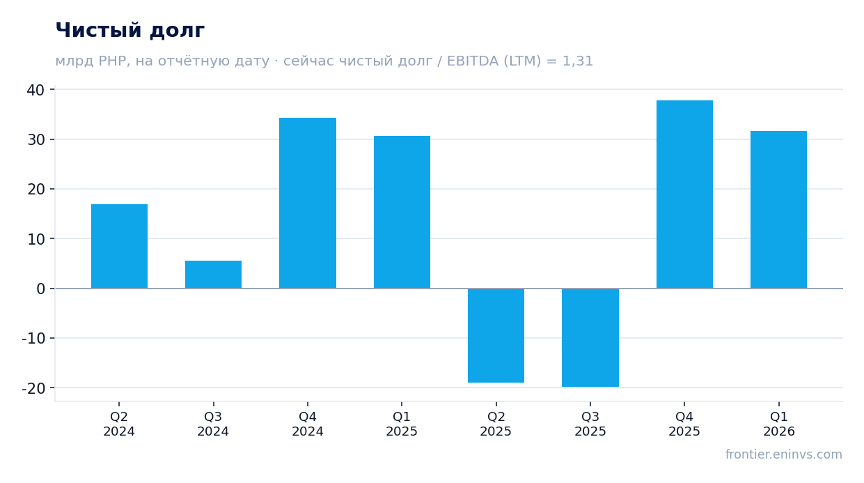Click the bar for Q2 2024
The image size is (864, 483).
pos(119,246)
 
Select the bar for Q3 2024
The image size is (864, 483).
pos(213,275)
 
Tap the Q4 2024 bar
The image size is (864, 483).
pos(308,203)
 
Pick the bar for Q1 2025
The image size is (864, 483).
pos(402,212)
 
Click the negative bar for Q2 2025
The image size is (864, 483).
pos(496,335)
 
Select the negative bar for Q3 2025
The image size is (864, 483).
pos(590,337)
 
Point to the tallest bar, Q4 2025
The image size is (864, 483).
pos(684,194)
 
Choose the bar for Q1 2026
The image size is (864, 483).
pos(779,210)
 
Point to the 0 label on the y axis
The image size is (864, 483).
pos(40,289)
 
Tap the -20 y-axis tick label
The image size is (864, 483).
pos(33,388)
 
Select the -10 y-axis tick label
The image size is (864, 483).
pos(33,339)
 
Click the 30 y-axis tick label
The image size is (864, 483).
pos(36,140)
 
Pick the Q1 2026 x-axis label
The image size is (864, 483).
pos(779,424)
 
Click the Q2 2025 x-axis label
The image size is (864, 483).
pos(496,424)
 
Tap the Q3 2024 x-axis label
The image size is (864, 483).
pos(213,424)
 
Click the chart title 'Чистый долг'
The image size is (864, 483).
pos(130,30)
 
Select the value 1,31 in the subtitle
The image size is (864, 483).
pos(578,61)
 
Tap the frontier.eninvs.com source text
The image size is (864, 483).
pos(784,454)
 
